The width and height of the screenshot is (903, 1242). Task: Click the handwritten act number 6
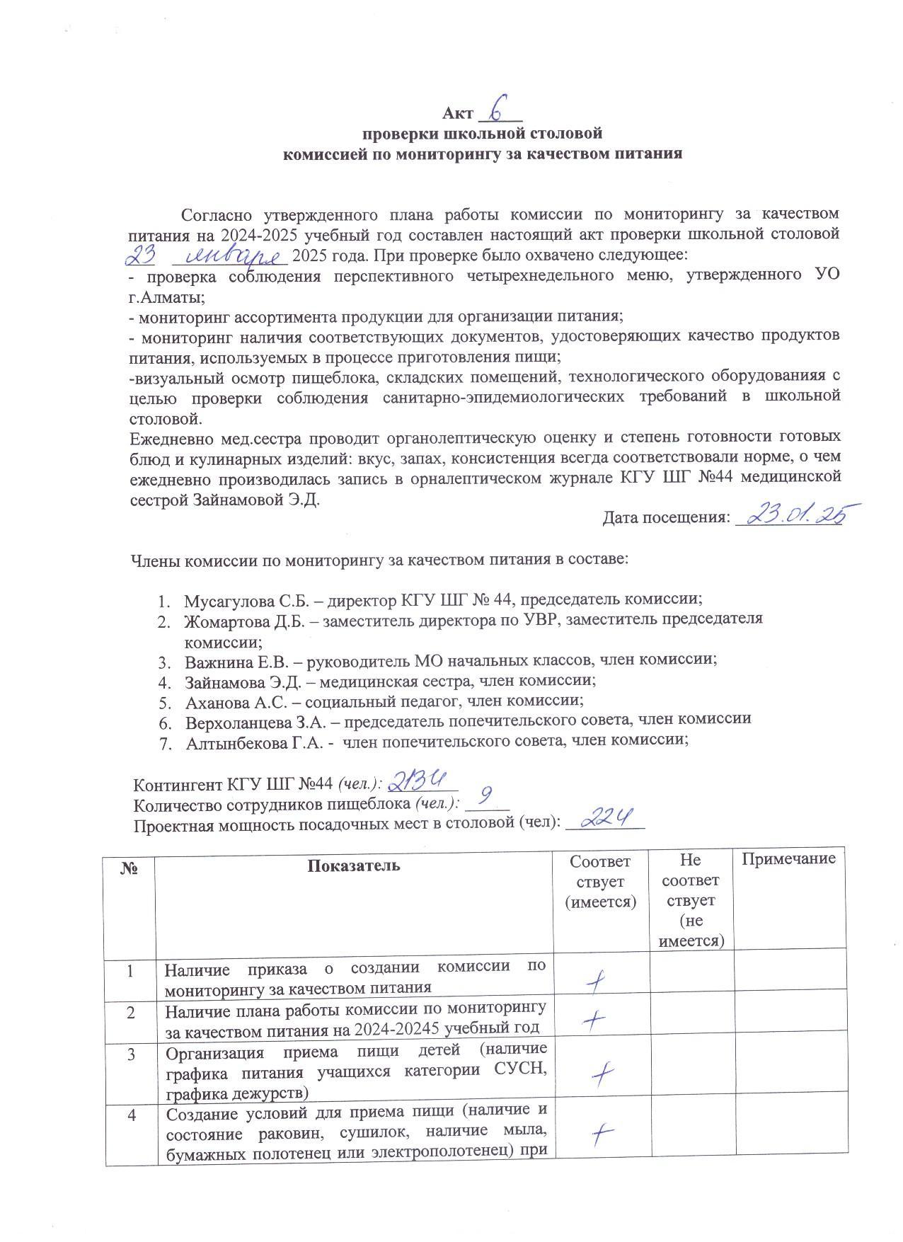tap(499, 110)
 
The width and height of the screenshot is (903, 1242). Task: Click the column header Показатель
tap(353, 865)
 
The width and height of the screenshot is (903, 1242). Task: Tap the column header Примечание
tap(788, 859)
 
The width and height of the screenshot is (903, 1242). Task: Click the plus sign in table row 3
tap(602, 1076)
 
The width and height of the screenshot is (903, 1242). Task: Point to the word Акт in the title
tap(456, 114)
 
